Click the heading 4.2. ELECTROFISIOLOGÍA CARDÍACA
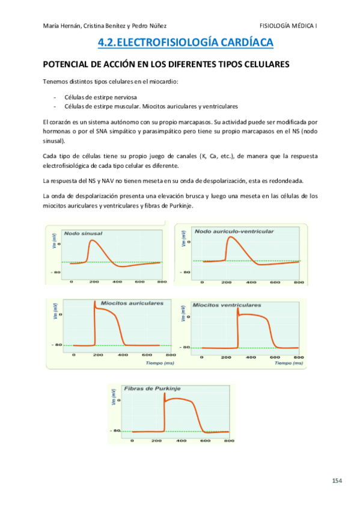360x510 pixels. (x=185, y=42)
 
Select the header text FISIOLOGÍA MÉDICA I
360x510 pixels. (x=288, y=25)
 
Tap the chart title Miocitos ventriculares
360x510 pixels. (x=227, y=305)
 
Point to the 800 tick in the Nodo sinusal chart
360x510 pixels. (x=160, y=281)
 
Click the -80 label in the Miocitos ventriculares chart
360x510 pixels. (x=186, y=348)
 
